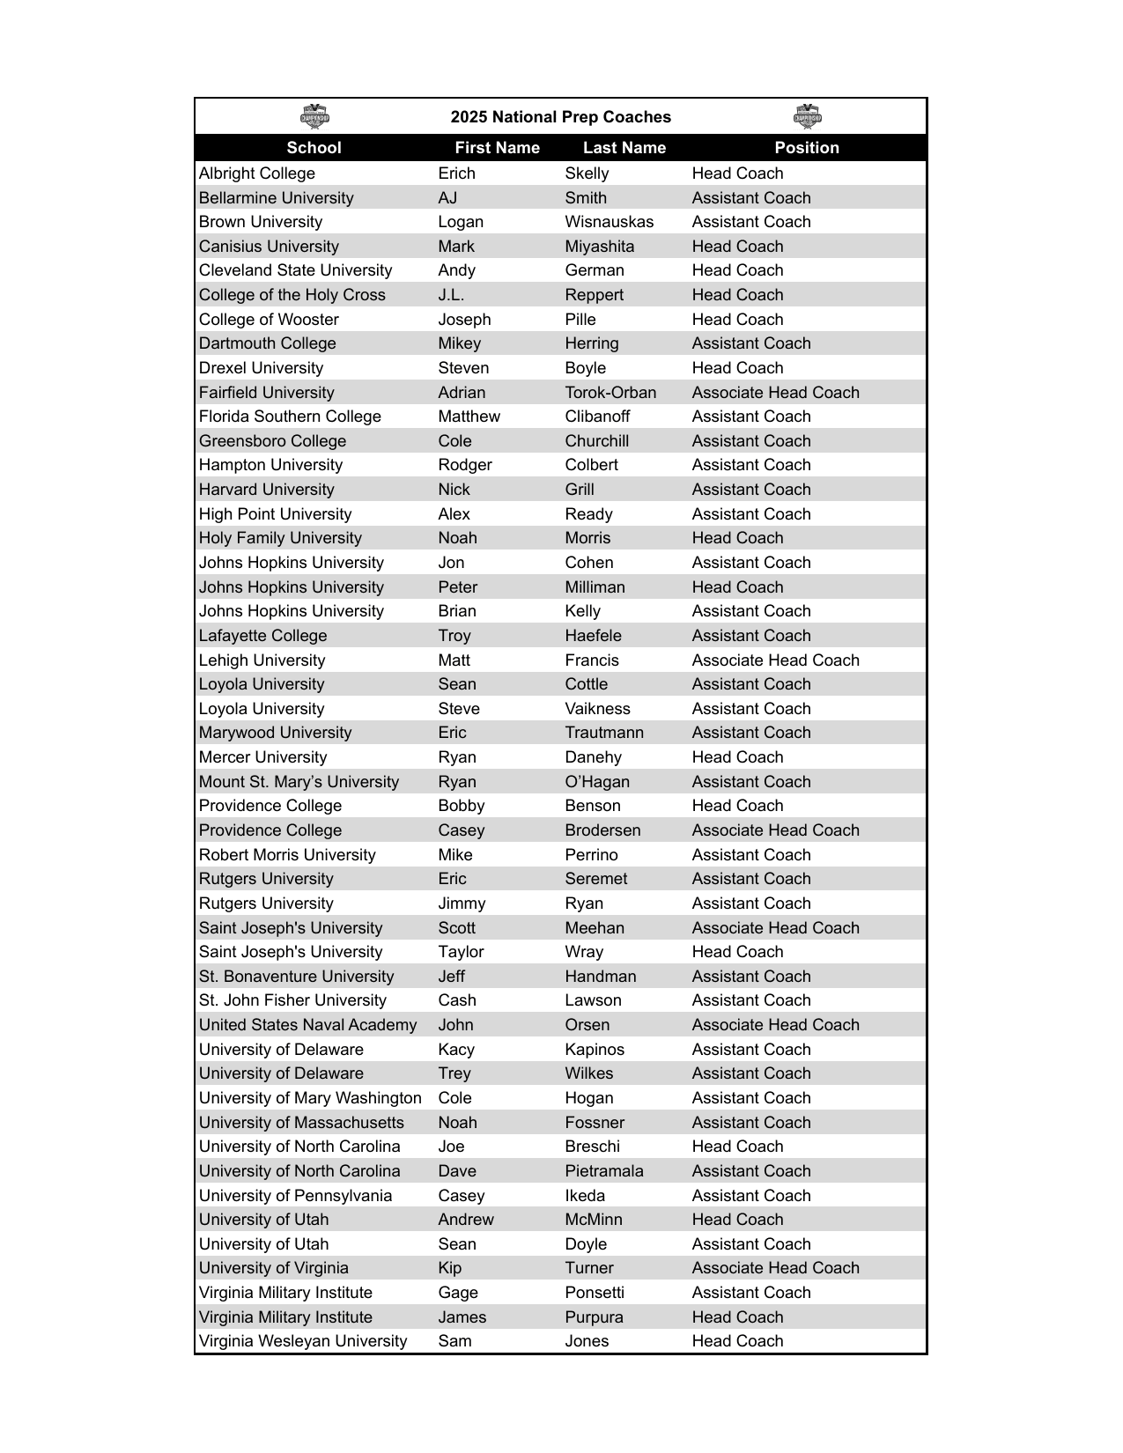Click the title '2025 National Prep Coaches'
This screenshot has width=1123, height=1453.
coord(560,117)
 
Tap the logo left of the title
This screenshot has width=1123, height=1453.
coord(314,116)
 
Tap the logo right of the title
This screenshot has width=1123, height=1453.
coord(807,116)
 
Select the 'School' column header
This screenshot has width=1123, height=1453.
coord(314,148)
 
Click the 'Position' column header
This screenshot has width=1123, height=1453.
coord(807,148)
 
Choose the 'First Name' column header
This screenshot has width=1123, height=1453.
coord(497,148)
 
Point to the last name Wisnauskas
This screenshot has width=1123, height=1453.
coord(609,222)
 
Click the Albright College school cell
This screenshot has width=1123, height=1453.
coord(256,173)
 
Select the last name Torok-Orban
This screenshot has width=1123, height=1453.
coord(610,393)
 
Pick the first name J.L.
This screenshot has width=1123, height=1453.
coord(451,295)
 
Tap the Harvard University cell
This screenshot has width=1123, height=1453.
coord(266,490)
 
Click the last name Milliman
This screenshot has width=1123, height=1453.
coord(595,587)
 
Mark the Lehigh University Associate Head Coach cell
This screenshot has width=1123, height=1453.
coord(775,660)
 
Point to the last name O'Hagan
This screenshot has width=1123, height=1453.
coord(597,782)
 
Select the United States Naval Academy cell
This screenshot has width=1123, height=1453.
coord(307,1025)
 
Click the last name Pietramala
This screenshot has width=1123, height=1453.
coord(604,1171)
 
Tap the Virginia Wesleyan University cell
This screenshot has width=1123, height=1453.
coord(303,1341)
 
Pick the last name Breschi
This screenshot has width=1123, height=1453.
coord(592,1147)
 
